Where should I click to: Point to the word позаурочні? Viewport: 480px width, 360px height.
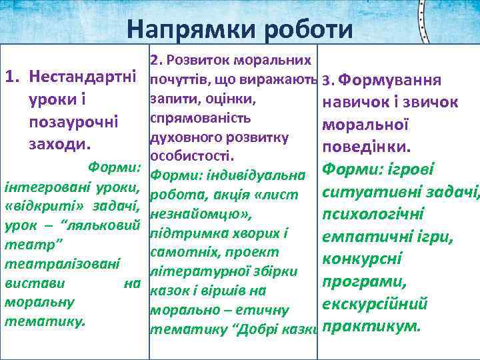coord(73,123)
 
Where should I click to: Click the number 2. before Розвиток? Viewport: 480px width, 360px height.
coord(157,60)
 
